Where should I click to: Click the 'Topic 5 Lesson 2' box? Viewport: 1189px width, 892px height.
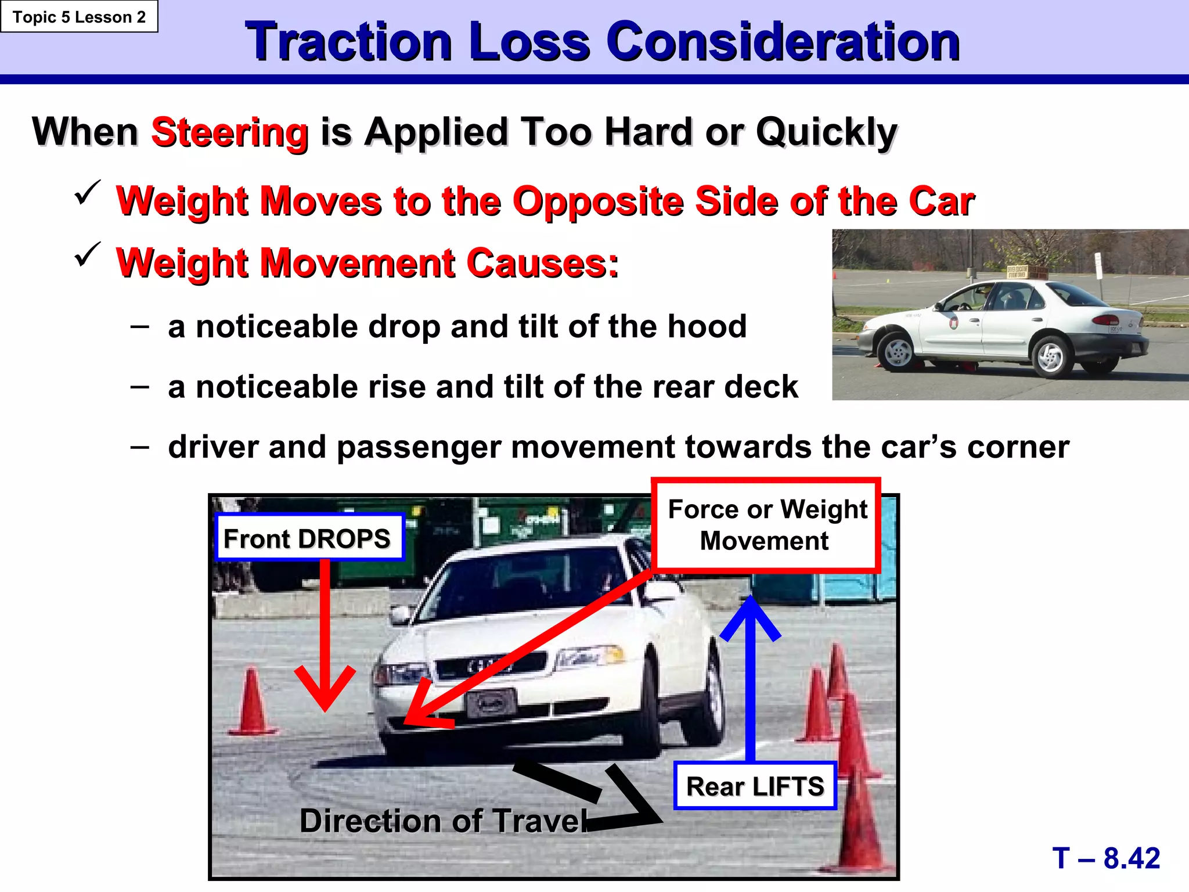pos(79,17)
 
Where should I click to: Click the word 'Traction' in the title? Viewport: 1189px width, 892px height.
pos(348,42)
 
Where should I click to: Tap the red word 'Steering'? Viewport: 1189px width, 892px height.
pos(229,132)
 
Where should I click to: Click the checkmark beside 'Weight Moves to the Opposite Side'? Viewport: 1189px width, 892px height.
pos(88,193)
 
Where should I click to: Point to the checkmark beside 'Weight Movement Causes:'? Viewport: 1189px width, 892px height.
pos(88,254)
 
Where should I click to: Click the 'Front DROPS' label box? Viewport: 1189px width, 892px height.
pos(308,538)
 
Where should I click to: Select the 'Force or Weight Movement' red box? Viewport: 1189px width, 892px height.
pos(766,525)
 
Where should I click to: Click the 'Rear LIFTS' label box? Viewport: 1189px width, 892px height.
pos(755,786)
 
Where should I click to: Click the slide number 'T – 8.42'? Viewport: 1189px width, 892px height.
pos(1106,858)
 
